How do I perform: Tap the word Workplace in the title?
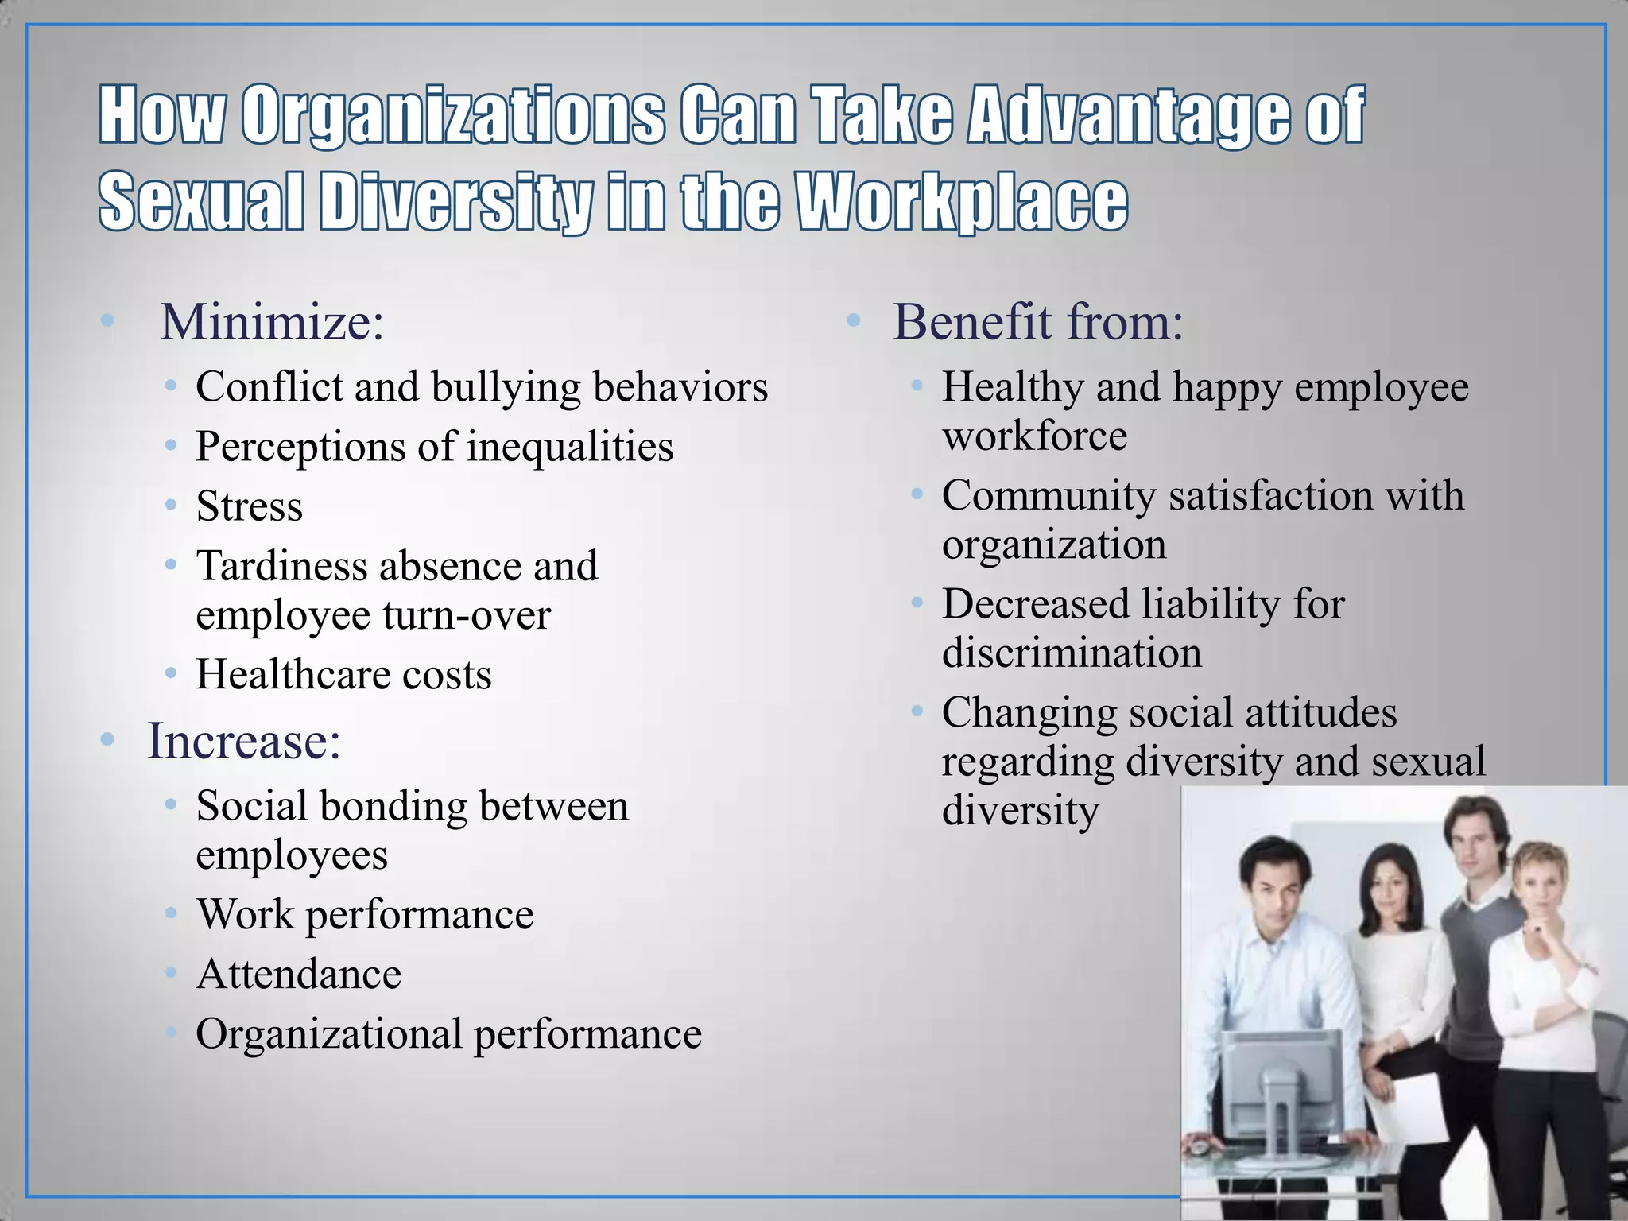pos(962,203)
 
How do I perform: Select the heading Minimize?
pos(272,322)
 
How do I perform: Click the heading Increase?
pos(244,741)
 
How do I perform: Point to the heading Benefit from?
pos(1038,322)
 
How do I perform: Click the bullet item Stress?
pos(250,506)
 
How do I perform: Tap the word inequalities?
pos(570,447)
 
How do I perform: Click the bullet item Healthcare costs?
pos(343,675)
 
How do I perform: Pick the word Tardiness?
pos(282,566)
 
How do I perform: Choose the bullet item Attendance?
pos(299,975)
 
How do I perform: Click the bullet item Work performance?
pos(365,915)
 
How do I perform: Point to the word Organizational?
pos(329,1034)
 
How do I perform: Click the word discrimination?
pos(1072,653)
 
